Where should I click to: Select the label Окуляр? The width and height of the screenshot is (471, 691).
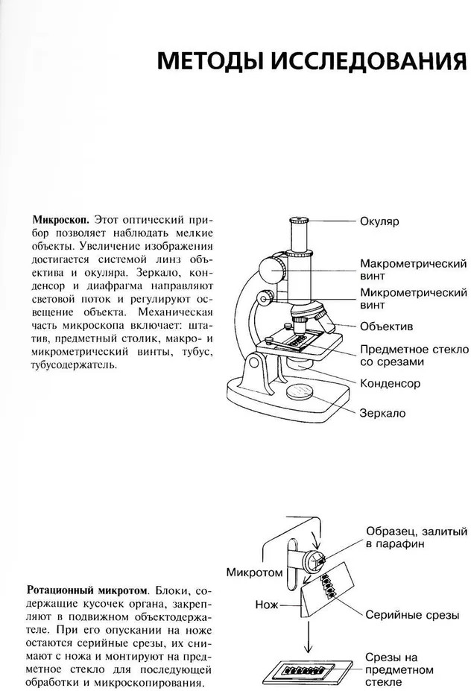point(380,222)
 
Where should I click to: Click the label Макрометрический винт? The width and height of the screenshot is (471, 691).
point(413,270)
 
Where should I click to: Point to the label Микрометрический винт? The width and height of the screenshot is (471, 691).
point(413,298)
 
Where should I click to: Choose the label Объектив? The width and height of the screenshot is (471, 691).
point(386,326)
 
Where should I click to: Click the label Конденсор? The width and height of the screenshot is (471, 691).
point(391,383)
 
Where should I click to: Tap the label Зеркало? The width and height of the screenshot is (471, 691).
point(383,412)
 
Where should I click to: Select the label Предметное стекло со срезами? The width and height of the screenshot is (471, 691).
point(414,356)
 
